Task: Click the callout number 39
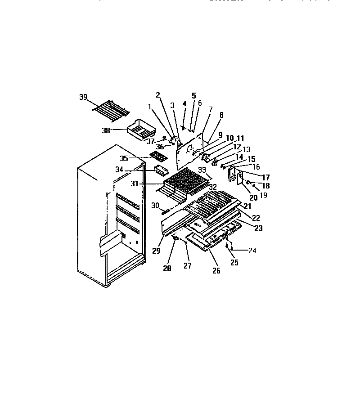click(x=83, y=97)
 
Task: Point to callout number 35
click(x=124, y=158)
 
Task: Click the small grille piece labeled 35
click(x=157, y=156)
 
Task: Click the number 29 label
click(x=156, y=251)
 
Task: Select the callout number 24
click(x=252, y=251)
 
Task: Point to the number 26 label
click(x=216, y=271)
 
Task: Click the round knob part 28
click(x=175, y=239)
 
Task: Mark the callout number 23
click(x=258, y=228)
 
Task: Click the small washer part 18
click(x=248, y=183)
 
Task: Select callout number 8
click(x=221, y=115)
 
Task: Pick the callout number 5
click(x=194, y=96)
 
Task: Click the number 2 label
click(x=158, y=95)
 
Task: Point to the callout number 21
click(x=247, y=206)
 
